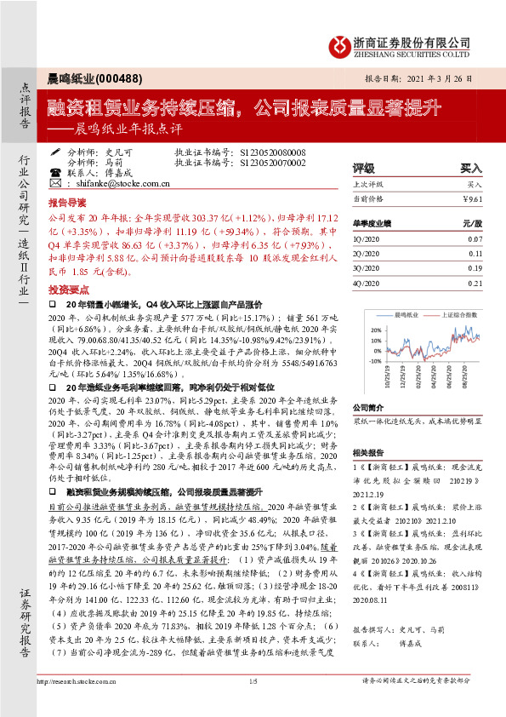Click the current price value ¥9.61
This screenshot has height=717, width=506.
[x=472, y=198]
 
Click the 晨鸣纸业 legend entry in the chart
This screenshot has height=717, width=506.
[x=403, y=314]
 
